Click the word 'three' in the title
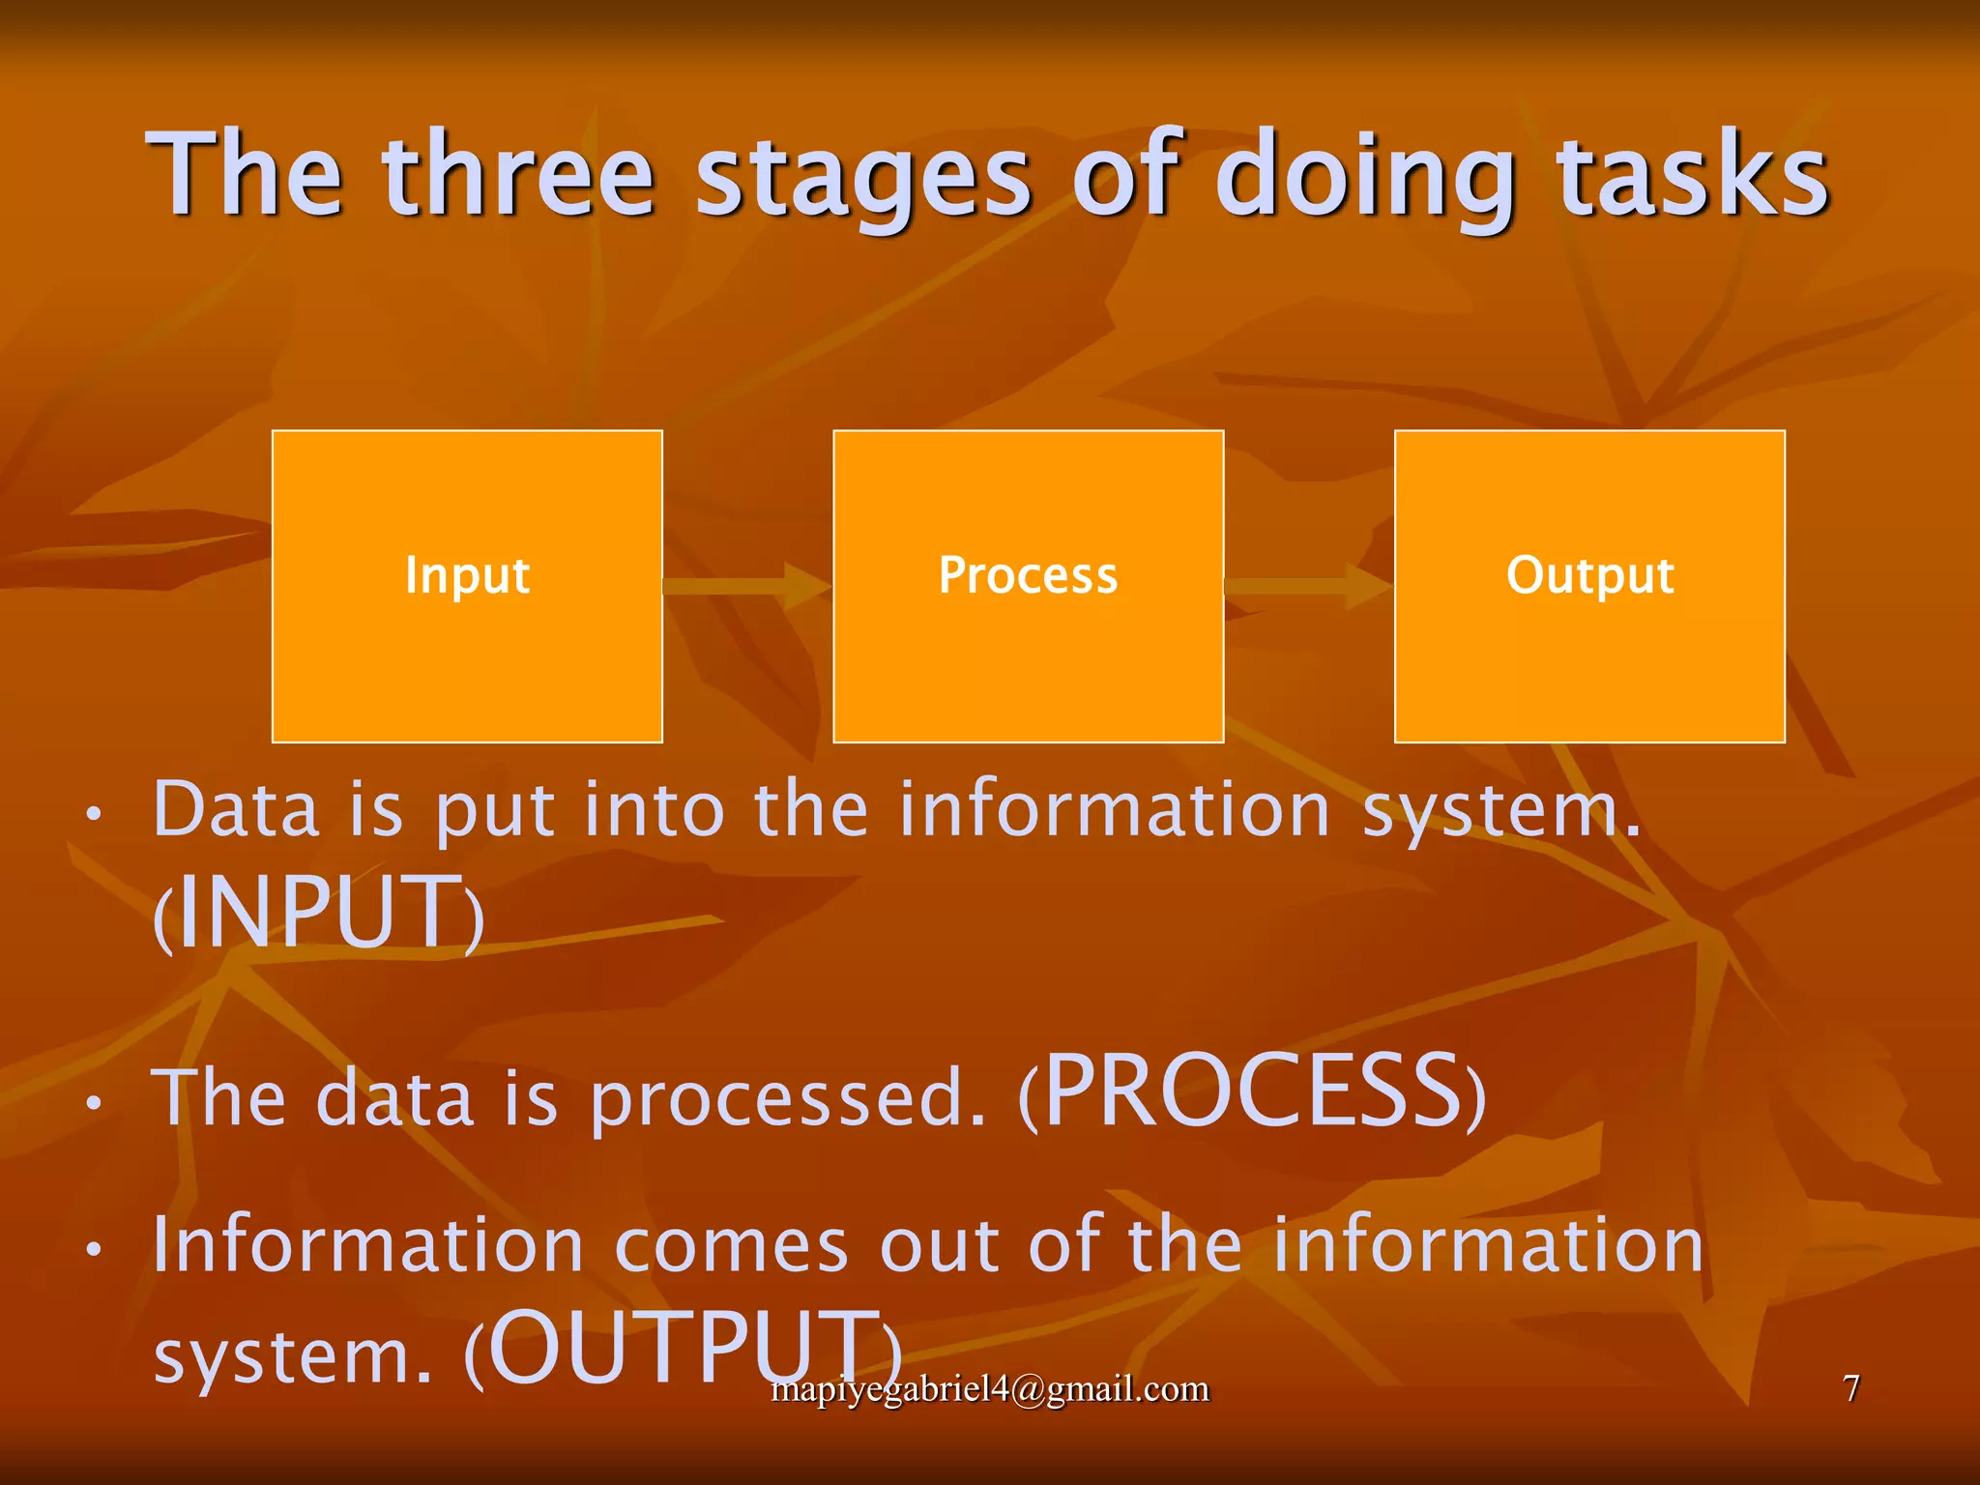[x=519, y=176]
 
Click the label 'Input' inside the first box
[x=467, y=576]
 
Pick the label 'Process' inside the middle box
[x=1028, y=576]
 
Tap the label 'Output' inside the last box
[x=1589, y=576]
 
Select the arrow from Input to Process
[x=746, y=586]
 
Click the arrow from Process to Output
[x=1308, y=586]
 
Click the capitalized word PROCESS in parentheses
[x=1254, y=1092]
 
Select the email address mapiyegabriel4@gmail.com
[x=990, y=1389]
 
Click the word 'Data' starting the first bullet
[x=236, y=809]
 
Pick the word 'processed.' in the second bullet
[x=788, y=1099]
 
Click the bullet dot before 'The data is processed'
[x=93, y=1103]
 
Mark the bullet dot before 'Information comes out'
[x=93, y=1249]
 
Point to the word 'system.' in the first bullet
[x=1500, y=812]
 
